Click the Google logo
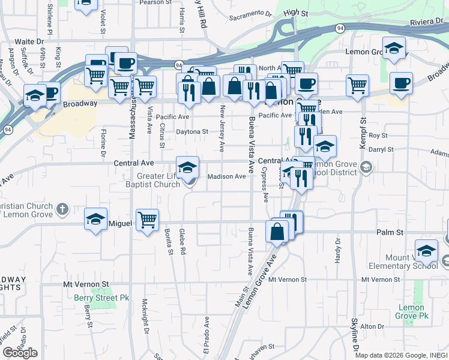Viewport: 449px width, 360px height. [x=20, y=353]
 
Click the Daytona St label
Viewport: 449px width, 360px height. [x=191, y=131]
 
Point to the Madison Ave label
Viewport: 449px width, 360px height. [x=227, y=176]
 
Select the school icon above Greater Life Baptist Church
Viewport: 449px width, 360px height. [x=187, y=166]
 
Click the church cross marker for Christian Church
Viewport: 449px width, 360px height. [x=62, y=209]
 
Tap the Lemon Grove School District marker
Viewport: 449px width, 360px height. [x=366, y=169]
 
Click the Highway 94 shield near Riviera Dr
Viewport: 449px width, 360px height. [x=340, y=28]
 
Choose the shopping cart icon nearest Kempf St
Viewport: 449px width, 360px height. [x=358, y=84]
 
